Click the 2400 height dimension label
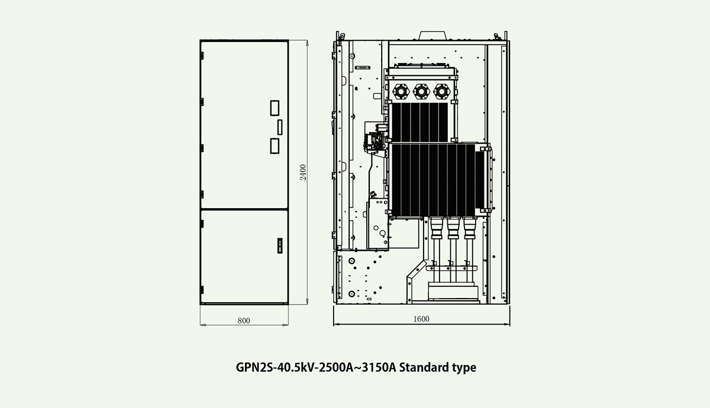(x=304, y=172)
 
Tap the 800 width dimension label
(x=244, y=321)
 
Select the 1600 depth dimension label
(x=421, y=319)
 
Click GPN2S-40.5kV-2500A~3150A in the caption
(x=316, y=367)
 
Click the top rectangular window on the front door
(x=275, y=108)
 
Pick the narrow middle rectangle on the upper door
(x=280, y=127)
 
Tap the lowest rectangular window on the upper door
(x=275, y=146)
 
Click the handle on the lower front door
(x=280, y=245)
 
